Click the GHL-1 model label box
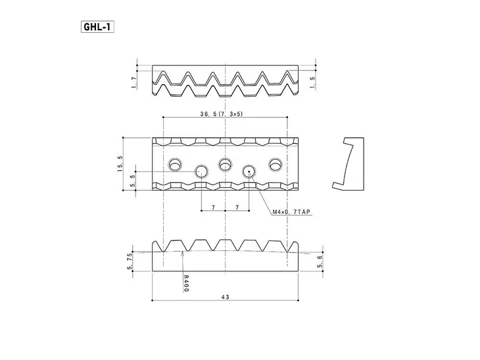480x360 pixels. click(x=97, y=28)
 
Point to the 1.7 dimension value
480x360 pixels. click(x=133, y=81)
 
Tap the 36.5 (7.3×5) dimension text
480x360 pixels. click(x=222, y=113)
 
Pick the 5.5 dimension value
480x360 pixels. click(x=133, y=179)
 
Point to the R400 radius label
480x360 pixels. click(x=186, y=283)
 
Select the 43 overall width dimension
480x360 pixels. click(x=225, y=298)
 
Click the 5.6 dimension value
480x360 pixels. click(x=320, y=261)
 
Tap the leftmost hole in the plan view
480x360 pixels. click(x=176, y=164)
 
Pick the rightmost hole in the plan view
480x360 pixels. click(x=275, y=164)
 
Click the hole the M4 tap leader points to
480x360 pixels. click(x=250, y=171)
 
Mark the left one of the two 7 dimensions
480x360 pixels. click(x=213, y=208)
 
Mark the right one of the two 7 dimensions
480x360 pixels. click(x=237, y=208)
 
